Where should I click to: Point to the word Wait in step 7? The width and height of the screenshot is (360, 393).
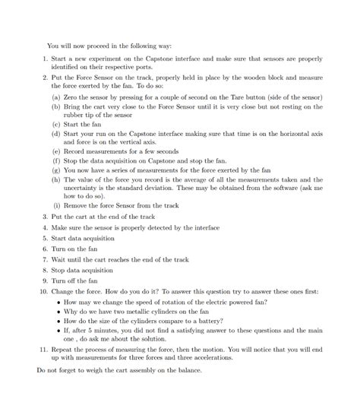point(59,259)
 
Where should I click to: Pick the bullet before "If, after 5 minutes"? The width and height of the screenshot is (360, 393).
point(60,330)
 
